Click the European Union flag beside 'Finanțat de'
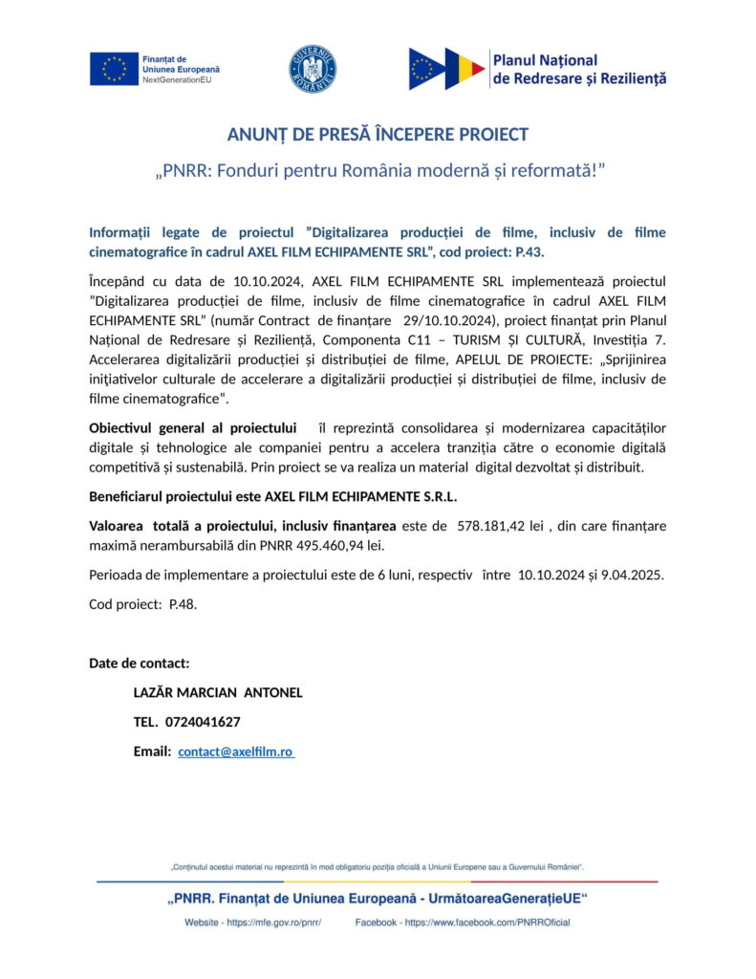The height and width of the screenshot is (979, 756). (x=114, y=69)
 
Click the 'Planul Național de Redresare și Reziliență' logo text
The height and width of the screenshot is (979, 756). (x=579, y=69)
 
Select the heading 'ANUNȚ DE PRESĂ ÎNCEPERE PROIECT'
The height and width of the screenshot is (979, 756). (x=378, y=134)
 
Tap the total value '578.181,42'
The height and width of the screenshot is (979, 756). (x=490, y=525)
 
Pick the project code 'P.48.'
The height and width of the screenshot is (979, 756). (x=183, y=604)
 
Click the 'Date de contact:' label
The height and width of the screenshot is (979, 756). (x=139, y=663)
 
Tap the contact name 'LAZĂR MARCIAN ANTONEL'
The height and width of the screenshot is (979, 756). (x=218, y=692)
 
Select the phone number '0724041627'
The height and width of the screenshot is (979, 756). (x=203, y=722)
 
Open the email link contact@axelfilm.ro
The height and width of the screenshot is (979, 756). (x=235, y=751)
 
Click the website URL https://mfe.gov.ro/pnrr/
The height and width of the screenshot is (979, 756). (x=272, y=923)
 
